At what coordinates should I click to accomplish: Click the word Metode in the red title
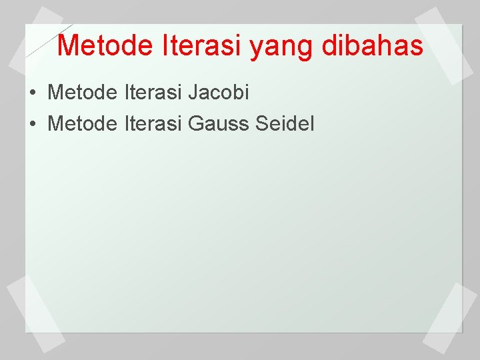coord(106,46)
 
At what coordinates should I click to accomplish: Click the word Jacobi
coord(218,93)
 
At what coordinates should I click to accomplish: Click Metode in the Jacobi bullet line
coord(83,93)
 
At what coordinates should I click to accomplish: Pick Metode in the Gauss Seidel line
coord(83,123)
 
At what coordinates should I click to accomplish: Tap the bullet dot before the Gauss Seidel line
coord(33,124)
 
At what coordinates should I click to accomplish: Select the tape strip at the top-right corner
coord(443,45)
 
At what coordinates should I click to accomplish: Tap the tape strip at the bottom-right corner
coord(451,317)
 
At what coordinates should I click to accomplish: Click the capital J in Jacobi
coord(193,93)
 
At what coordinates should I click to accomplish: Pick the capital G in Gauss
coord(197,123)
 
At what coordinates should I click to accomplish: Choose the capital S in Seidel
coord(259,123)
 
